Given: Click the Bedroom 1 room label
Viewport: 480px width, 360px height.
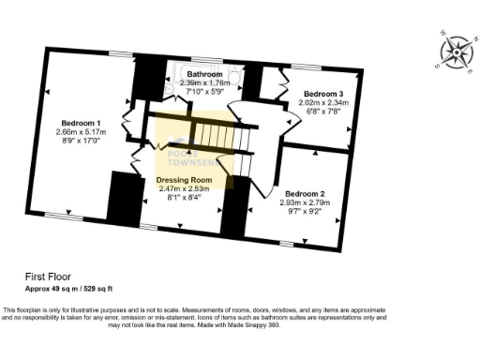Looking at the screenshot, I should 81,123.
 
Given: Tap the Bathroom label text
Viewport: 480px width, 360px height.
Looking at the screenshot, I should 204,73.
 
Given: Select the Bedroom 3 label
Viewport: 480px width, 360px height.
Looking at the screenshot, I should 323,94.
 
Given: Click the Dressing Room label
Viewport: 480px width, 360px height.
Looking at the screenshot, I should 190,179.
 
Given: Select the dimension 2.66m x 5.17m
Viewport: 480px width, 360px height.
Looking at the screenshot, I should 82,133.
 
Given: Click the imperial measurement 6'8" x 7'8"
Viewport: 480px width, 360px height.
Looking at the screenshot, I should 323,112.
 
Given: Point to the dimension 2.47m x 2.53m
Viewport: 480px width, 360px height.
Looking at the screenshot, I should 190,188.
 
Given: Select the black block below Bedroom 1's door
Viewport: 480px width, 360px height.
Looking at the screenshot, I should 123,200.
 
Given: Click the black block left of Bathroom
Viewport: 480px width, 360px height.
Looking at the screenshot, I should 147,82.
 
